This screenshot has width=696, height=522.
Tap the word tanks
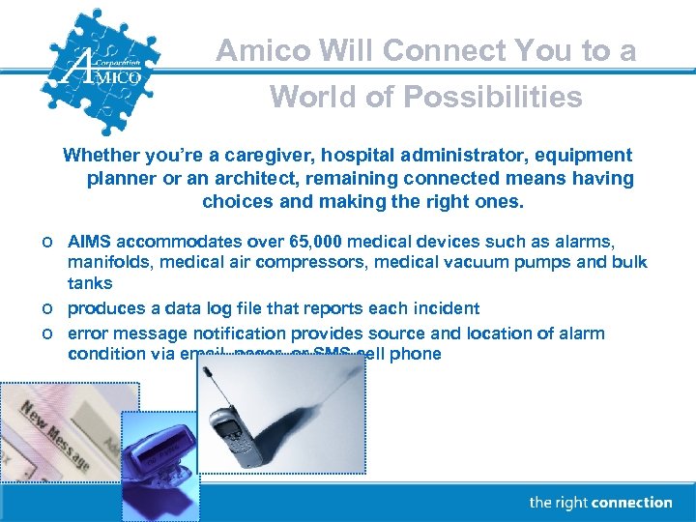click(x=89, y=283)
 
